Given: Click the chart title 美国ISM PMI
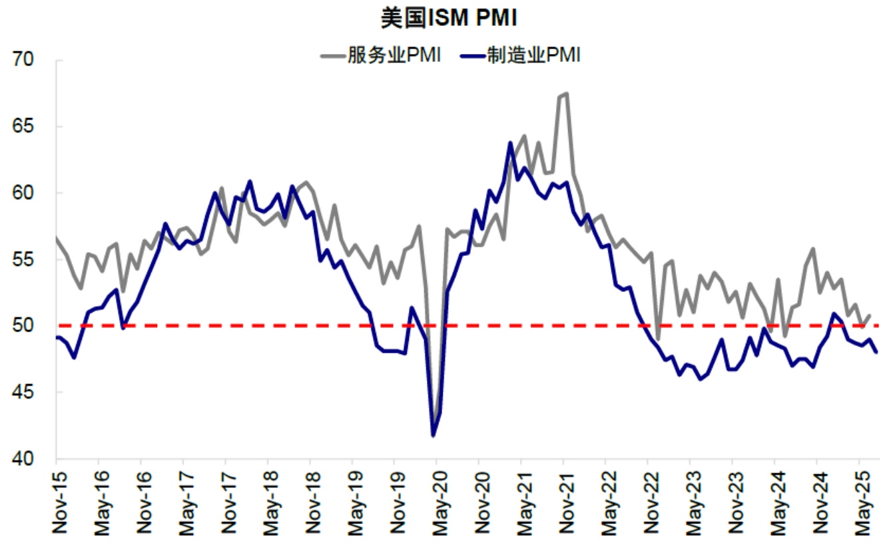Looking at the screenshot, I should pyautogui.click(x=449, y=19).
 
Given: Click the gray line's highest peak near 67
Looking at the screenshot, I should pyautogui.click(x=566, y=93).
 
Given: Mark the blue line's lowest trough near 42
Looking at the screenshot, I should pyautogui.click(x=434, y=435).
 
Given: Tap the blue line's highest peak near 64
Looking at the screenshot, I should pyautogui.click(x=510, y=143).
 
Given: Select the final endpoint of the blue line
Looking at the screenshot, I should pyautogui.click(x=876, y=352).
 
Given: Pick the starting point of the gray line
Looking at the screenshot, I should pyautogui.click(x=56, y=237).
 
